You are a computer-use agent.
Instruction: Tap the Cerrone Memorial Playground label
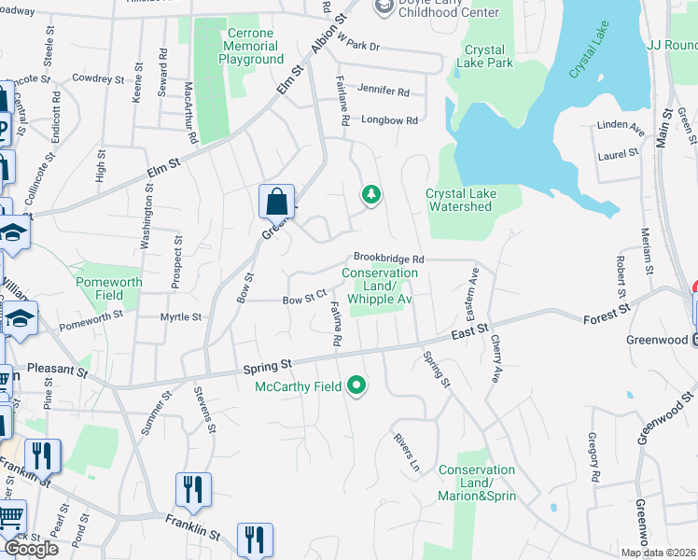[251, 47]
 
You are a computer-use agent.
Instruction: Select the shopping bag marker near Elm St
[277, 201]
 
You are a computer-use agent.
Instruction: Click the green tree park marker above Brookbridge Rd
[371, 194]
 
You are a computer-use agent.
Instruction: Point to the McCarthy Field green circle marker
[356, 385]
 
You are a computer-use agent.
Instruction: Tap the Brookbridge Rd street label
[388, 259]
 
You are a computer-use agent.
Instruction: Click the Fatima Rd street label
[333, 322]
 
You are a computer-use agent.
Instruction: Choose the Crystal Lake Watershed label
[461, 200]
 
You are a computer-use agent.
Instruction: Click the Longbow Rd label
[390, 120]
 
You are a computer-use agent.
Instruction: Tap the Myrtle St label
[181, 317]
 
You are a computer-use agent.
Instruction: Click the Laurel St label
[619, 152]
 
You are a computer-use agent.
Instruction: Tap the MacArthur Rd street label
[190, 112]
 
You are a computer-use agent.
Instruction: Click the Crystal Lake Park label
[486, 57]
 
